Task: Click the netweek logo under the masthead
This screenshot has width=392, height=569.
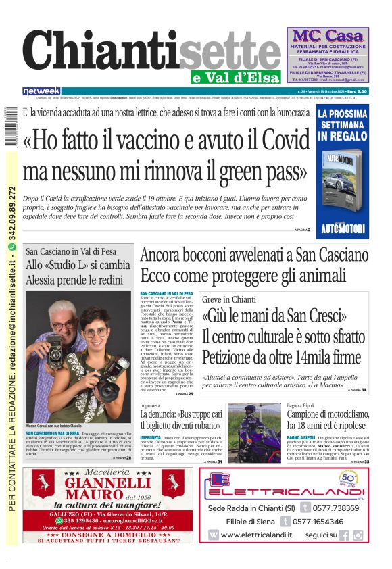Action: [x=41, y=91]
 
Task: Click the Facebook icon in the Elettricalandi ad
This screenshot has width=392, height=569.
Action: [x=344, y=535]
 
